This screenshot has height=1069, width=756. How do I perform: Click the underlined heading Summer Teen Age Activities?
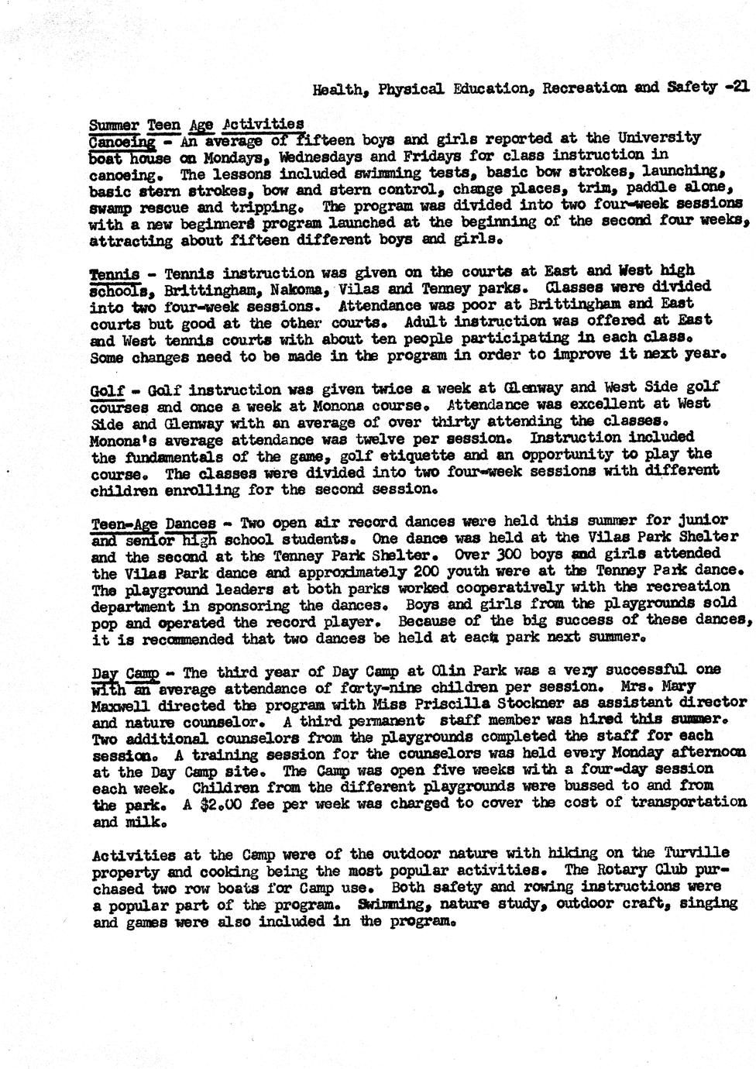(197, 124)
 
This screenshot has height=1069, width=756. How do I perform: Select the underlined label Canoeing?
(122, 141)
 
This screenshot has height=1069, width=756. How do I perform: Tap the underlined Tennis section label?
(115, 273)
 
